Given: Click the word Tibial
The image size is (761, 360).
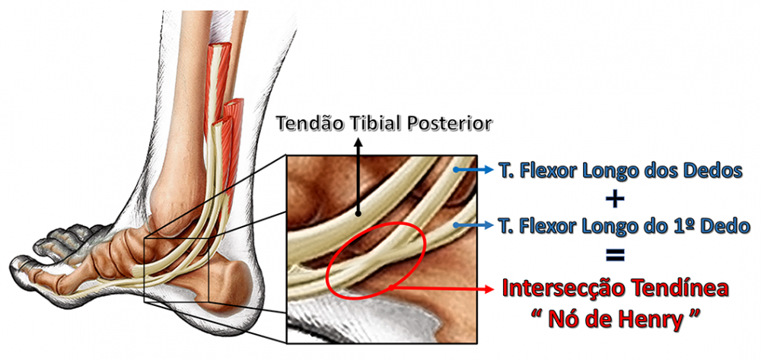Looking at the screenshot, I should tap(370, 123).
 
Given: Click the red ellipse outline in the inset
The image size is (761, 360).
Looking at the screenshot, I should tap(329, 266).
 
